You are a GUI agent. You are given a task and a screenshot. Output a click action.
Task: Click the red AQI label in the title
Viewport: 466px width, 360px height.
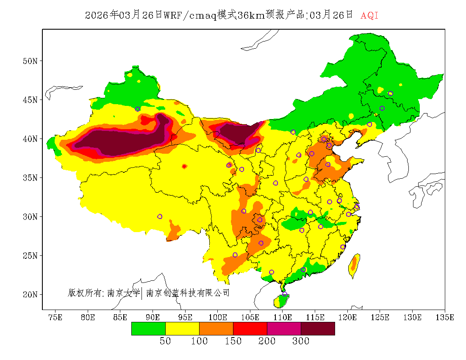[369, 16]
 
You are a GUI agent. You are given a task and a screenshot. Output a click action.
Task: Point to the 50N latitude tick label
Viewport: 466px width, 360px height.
[30, 61]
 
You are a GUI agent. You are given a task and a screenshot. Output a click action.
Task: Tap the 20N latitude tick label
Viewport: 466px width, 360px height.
[30, 294]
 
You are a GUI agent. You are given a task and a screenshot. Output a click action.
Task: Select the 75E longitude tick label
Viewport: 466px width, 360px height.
[55, 317]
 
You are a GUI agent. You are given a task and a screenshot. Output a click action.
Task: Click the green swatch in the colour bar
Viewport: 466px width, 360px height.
[148, 328]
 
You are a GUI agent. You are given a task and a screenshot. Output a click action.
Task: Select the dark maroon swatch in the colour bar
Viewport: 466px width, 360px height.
[318, 328]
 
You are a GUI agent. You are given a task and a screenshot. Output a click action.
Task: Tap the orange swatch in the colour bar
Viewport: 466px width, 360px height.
[216, 328]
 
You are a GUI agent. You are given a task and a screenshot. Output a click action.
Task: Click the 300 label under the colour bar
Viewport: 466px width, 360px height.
[301, 341]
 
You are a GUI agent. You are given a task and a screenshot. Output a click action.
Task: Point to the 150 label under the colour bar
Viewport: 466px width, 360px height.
[233, 341]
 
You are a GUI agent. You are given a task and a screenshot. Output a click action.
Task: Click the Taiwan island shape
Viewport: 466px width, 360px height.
[354, 266]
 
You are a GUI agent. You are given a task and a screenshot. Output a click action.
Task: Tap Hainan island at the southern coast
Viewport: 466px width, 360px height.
[281, 300]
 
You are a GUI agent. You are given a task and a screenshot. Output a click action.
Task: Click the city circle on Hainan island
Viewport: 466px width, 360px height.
[285, 294]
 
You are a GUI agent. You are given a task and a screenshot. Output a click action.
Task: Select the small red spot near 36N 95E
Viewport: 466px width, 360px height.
[184, 166]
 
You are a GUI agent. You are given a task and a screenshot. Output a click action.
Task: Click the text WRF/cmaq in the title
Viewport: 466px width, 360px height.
[190, 16]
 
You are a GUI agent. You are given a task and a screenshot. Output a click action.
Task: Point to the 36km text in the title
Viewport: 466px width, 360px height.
[252, 16]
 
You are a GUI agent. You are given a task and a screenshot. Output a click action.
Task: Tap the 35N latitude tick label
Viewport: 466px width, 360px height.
[30, 177]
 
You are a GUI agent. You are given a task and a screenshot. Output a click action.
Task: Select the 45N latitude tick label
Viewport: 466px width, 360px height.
[30, 100]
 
